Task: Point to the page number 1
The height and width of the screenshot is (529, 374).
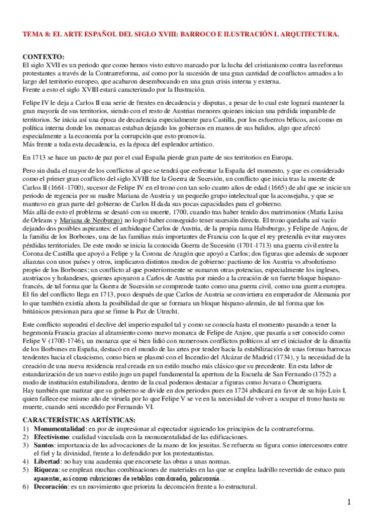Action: (349, 503)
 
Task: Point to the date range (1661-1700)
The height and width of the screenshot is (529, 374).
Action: (79, 187)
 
